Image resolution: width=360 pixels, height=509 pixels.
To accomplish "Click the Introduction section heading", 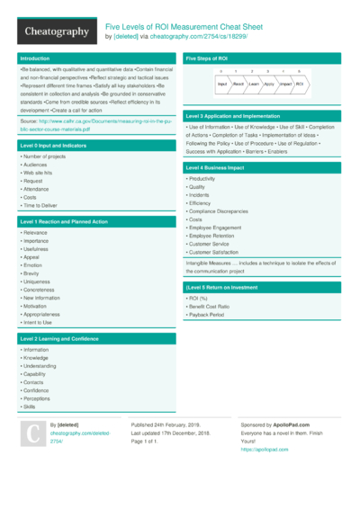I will click(x=35, y=58).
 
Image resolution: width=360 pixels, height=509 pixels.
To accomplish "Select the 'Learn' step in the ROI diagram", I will click(x=255, y=83).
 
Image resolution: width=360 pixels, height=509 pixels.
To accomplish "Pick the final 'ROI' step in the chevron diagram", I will click(x=300, y=83).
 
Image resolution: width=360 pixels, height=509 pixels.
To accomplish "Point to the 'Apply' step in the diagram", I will click(x=269, y=83).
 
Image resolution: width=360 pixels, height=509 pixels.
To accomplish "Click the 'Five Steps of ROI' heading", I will click(x=207, y=58).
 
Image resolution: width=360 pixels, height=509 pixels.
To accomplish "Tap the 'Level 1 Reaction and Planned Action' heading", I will click(x=64, y=220).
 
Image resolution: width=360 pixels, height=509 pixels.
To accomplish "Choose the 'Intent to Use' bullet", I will click(x=38, y=322).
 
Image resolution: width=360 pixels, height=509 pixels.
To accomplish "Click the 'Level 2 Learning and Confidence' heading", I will click(x=59, y=337).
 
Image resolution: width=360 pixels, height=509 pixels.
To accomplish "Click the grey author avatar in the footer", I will click(x=31, y=434).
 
